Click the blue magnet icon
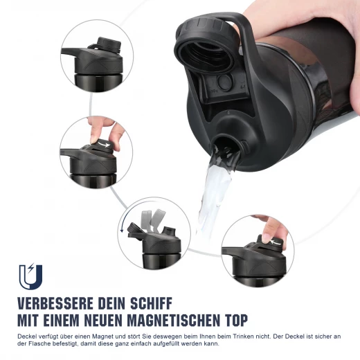pos(30,277)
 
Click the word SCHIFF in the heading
pos(152,303)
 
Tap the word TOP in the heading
pos(235,320)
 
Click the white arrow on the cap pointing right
pos(104,145)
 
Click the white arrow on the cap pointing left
pos(276,242)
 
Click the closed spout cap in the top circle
pos(109,44)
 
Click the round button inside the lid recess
pos(224,82)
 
